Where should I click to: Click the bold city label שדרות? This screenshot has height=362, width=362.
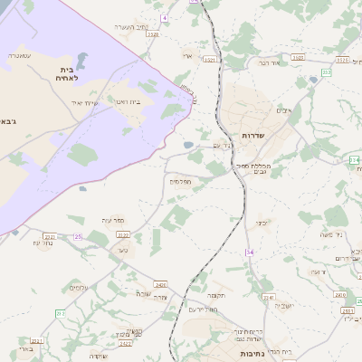click(x=254, y=135)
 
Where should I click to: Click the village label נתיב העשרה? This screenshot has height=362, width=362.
click(x=130, y=27)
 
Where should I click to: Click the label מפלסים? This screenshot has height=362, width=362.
click(x=179, y=181)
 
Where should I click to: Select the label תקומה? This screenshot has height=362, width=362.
click(x=214, y=295)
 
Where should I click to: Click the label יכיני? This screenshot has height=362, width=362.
click(x=261, y=221)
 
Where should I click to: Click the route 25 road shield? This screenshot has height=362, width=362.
click(x=78, y=236)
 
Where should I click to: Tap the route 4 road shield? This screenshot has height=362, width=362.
click(x=165, y=18)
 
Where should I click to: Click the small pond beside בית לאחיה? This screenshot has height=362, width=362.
click(x=81, y=61)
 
